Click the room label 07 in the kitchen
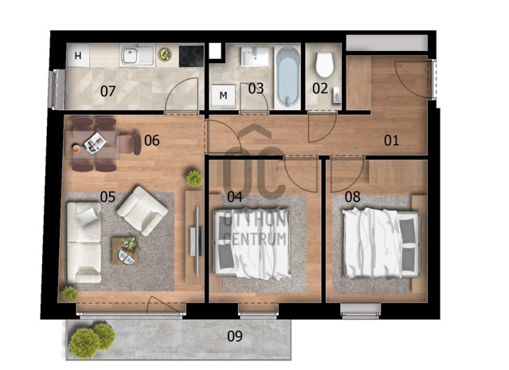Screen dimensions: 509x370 tap(108, 91)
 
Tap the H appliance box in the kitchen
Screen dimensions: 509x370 tap(78, 56)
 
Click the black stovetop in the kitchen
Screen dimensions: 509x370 tap(191, 56)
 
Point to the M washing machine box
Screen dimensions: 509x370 tap(223, 96)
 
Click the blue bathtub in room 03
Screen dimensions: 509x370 tap(288, 77)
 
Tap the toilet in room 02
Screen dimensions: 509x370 tap(325, 65)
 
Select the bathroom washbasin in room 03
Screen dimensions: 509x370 tap(255, 57)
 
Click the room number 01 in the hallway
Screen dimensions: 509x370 tap(391, 140)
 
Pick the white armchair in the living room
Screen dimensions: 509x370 tap(142, 211)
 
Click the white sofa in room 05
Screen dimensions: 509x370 tap(84, 242)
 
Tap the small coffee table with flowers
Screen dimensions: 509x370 tap(125, 250)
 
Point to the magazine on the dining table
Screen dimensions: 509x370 tap(95, 144)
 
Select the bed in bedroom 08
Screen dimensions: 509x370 tap(382, 243)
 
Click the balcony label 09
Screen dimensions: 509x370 tap(235, 337)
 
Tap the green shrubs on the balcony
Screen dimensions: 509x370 tap(92, 340)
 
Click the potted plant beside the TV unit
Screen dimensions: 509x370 tap(194, 179)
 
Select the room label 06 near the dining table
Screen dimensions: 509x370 tap(152, 140)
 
